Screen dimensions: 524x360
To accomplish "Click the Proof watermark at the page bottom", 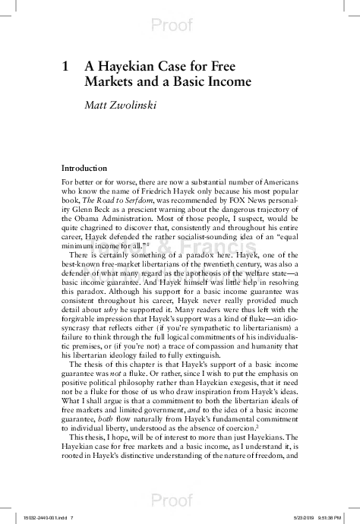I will [180, 501].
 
